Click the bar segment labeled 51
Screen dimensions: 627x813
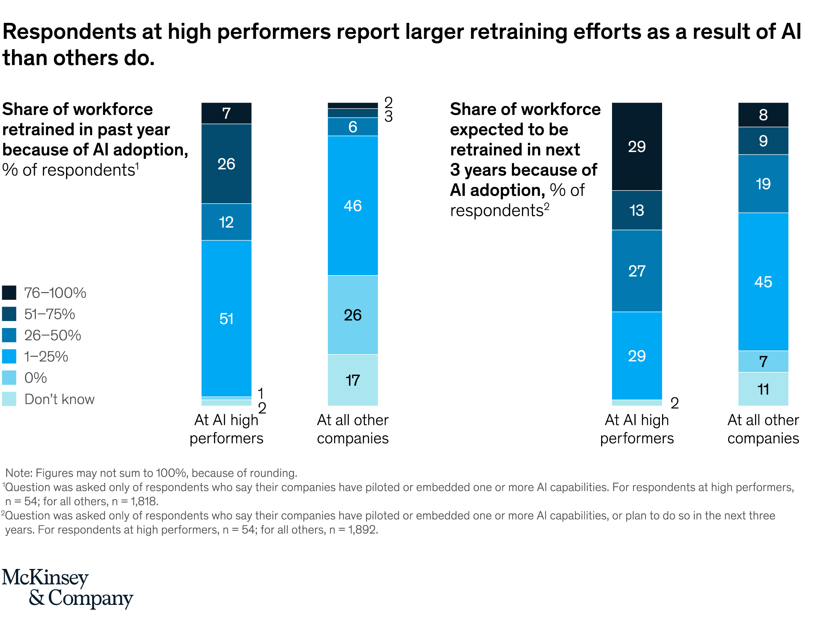pos(226,318)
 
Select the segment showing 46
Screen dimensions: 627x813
pos(353,205)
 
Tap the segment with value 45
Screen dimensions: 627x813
pos(763,282)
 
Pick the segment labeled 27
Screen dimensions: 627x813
pos(637,271)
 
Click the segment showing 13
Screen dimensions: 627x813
pos(637,210)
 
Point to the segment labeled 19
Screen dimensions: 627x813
pos(763,184)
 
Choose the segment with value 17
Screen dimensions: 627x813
pos(353,380)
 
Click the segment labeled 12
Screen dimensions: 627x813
pos(226,222)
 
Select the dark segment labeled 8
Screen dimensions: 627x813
pos(763,115)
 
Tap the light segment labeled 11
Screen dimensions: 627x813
pos(763,389)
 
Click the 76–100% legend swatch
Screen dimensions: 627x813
pos(9,293)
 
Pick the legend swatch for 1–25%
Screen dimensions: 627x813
pos(9,356)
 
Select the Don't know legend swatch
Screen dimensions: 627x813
pos(9,399)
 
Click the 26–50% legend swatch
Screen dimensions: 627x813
pos(9,335)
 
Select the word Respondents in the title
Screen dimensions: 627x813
pos(70,32)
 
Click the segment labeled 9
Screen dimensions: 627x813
pos(763,141)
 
